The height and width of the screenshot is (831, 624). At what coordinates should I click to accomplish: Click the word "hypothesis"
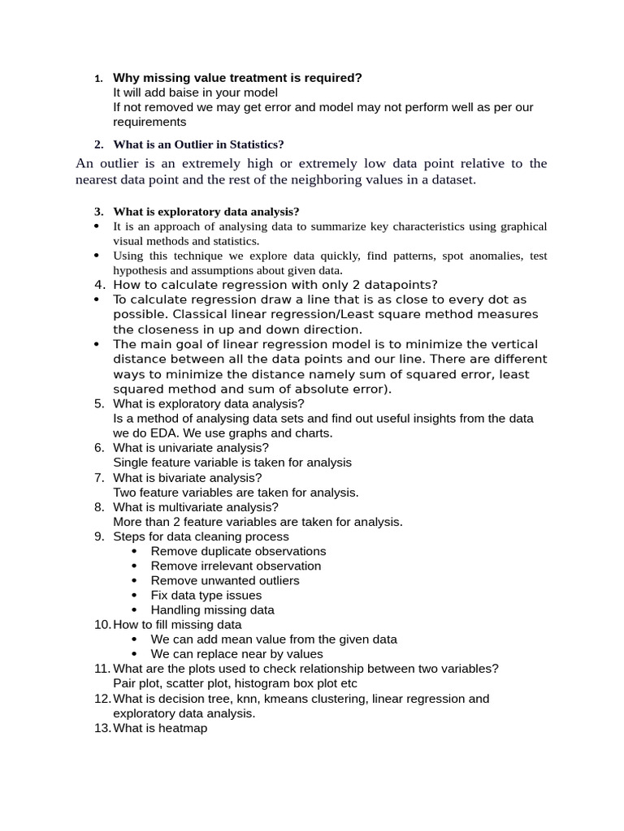tap(140, 270)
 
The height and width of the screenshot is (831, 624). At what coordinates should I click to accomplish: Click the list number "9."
tap(99, 536)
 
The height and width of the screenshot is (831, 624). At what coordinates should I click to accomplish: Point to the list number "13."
tap(102, 728)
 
